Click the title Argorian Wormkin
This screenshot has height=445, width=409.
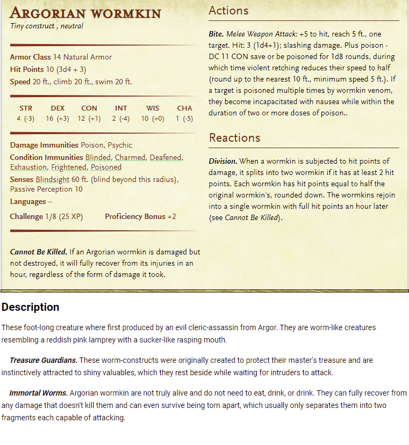(85, 12)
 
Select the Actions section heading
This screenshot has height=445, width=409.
(228, 11)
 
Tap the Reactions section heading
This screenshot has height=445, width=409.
(234, 138)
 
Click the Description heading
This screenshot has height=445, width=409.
(30, 307)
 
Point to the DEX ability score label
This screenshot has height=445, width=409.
(58, 108)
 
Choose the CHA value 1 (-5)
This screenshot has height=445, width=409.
(184, 119)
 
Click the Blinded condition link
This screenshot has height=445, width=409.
(98, 157)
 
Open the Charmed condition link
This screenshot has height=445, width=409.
(130, 157)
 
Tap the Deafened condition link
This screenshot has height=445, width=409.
(166, 157)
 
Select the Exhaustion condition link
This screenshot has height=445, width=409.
(28, 167)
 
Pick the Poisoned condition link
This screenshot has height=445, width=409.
(106, 167)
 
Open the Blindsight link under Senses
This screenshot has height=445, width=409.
(53, 179)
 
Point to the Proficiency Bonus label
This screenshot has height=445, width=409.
(135, 216)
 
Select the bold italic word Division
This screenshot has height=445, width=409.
(223, 161)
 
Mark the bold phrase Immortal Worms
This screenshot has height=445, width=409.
(38, 393)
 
